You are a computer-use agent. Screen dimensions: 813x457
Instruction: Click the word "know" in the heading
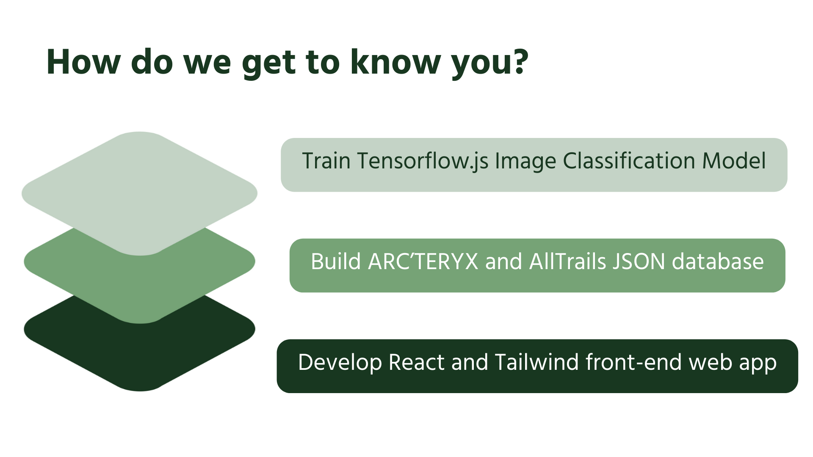coord(395,62)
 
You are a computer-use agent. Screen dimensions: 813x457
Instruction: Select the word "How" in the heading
coord(83,62)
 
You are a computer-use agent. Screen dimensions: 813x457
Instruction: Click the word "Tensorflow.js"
coord(423,161)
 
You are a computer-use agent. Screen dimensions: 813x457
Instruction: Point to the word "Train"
coord(326,161)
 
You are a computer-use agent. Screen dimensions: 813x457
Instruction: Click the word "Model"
coord(734,161)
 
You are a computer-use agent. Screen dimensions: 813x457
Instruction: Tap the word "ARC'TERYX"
coord(423,262)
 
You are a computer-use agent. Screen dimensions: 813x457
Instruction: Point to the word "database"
coord(718,262)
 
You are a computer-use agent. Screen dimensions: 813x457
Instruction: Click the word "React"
coord(417,362)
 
